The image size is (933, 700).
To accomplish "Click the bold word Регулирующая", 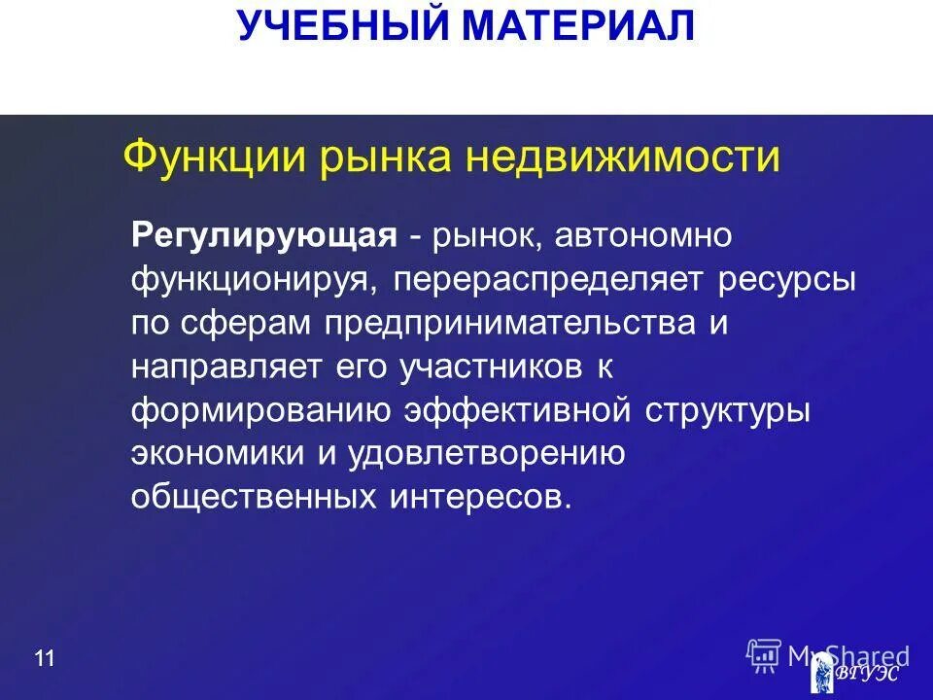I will pos(264,236).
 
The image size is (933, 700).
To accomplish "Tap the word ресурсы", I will pos(788,280).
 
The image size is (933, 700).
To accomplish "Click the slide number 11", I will pos(44,660).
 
